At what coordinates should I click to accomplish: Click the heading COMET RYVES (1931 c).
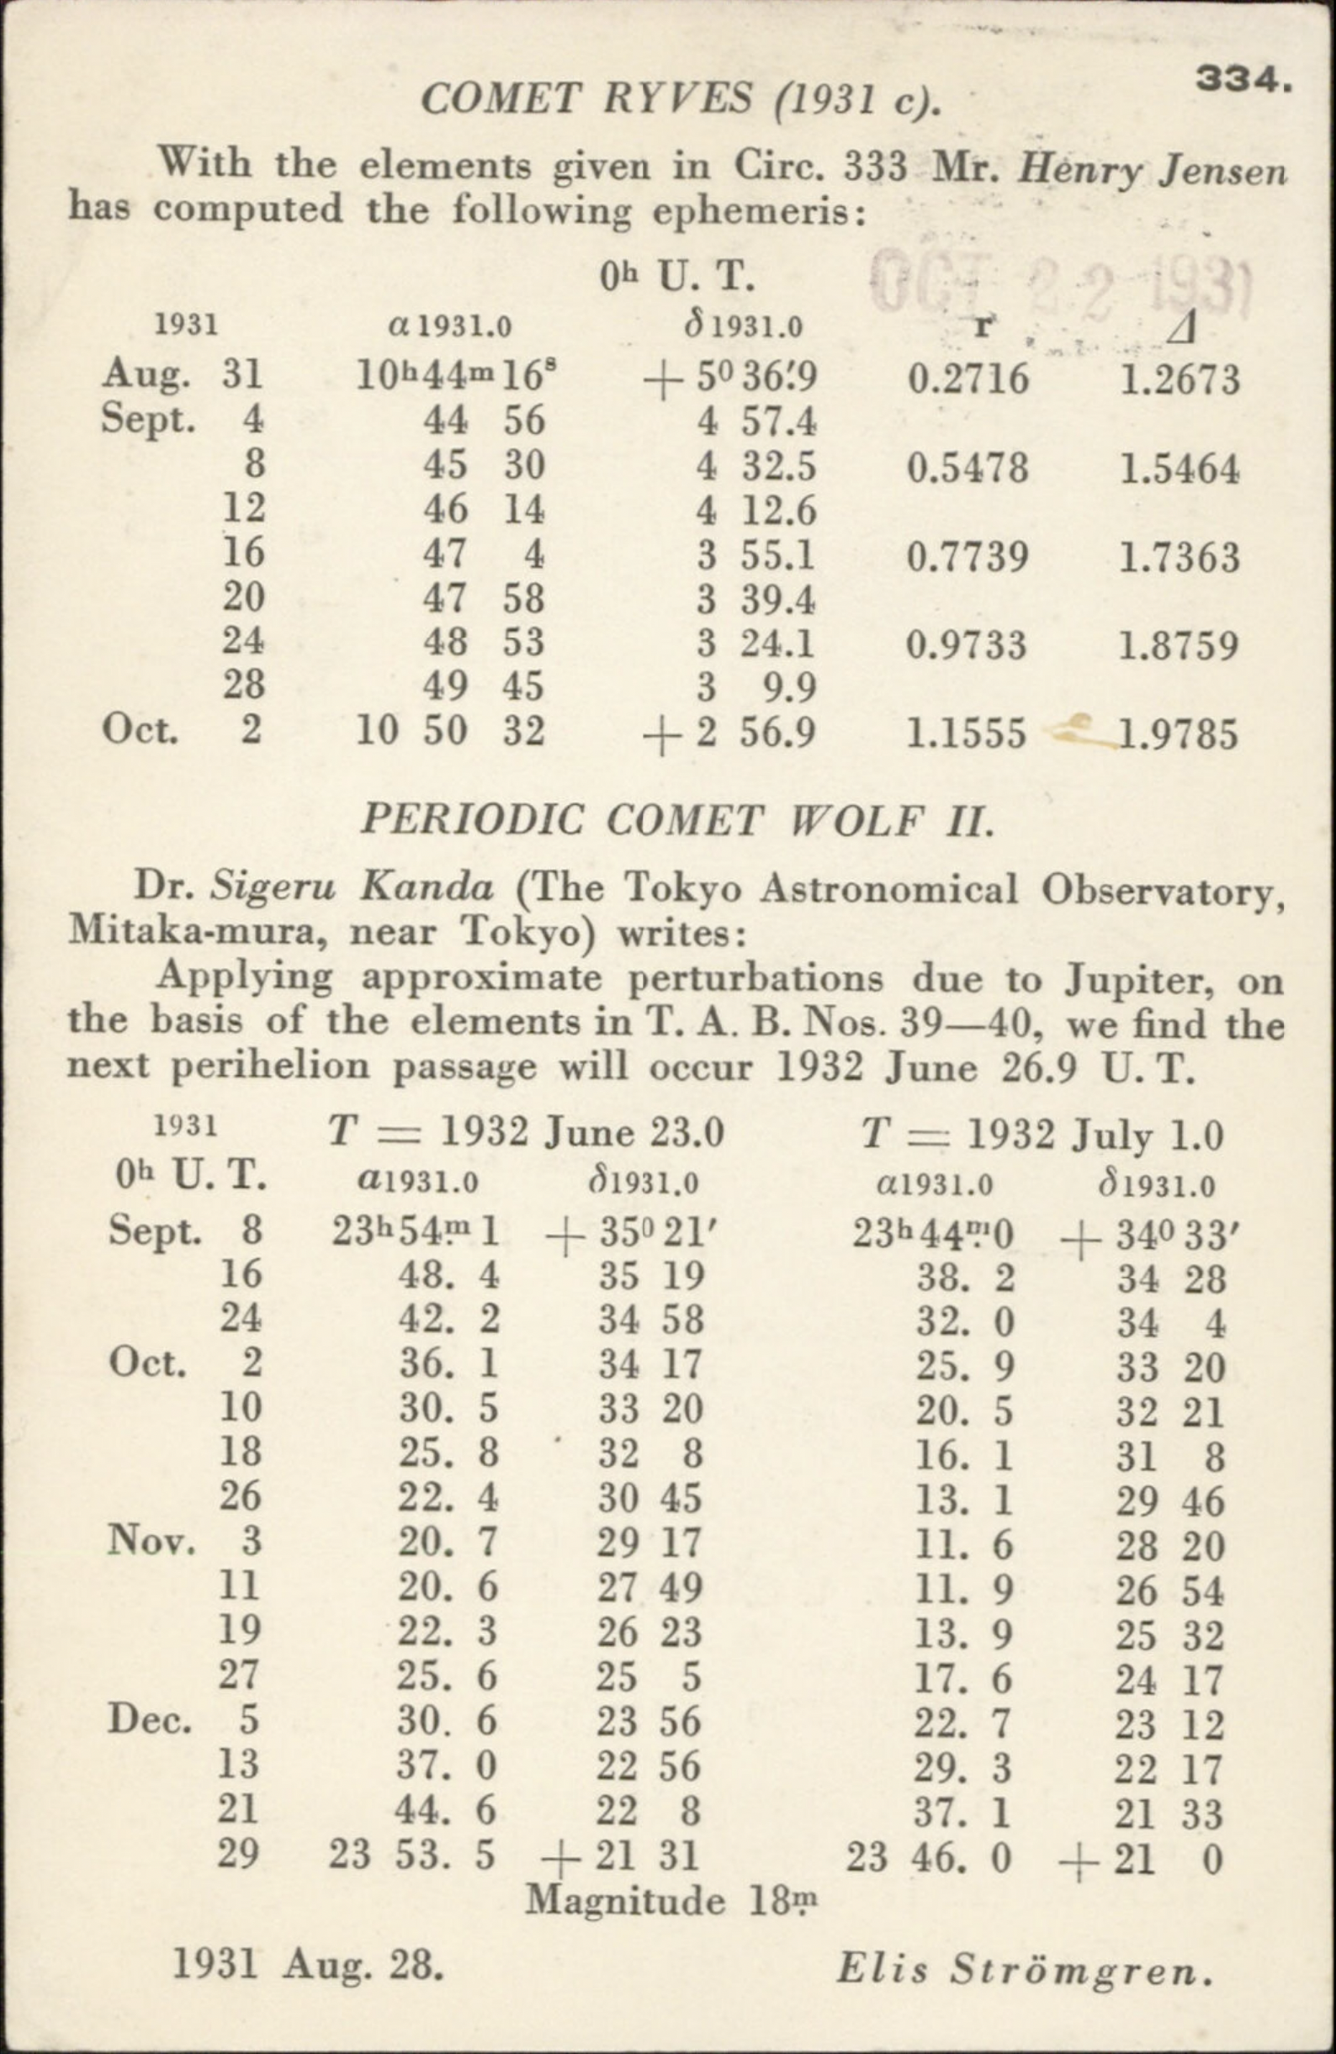point(679,101)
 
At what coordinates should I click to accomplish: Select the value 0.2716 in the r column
point(968,379)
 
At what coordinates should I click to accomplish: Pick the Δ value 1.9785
point(1178,733)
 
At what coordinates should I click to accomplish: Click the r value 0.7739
point(968,557)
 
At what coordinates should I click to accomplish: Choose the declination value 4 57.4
point(757,422)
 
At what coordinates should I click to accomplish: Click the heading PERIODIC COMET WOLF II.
point(677,820)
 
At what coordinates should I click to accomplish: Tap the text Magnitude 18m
point(671,1901)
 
